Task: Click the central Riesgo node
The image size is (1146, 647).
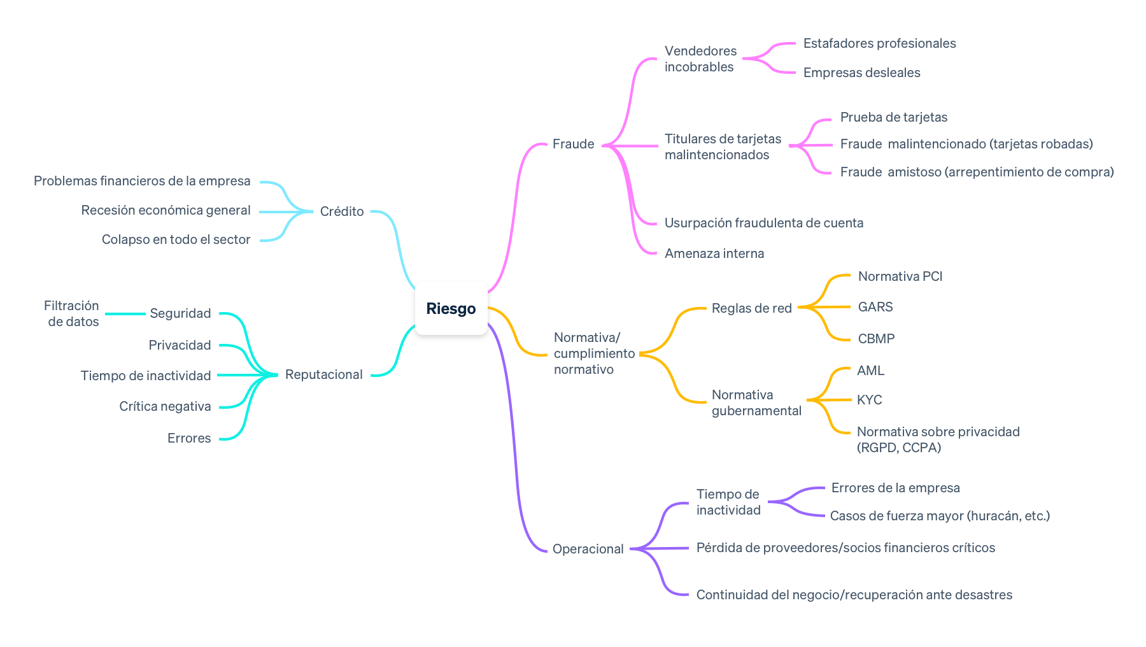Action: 451,309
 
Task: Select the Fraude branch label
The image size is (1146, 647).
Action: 573,145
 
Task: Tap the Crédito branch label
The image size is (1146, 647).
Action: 342,211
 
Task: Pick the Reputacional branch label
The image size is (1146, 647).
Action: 323,374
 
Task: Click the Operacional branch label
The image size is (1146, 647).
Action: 588,549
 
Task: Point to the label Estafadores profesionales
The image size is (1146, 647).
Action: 879,43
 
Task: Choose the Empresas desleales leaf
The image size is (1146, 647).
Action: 861,73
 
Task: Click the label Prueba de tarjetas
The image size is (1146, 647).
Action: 893,117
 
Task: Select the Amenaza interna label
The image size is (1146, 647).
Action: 714,253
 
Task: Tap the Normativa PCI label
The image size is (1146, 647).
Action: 900,276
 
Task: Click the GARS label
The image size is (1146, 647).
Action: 875,307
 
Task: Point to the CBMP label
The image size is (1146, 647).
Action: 876,339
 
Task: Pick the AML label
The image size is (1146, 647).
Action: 870,371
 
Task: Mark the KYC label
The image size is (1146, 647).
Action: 869,400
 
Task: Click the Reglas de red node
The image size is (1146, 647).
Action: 751,308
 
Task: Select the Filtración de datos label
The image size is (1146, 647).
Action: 72,313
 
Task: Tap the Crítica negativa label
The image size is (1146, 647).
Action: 165,406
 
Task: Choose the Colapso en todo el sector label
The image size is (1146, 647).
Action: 176,239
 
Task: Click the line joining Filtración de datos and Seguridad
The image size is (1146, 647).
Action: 125,314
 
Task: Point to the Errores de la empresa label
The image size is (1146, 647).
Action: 895,488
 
